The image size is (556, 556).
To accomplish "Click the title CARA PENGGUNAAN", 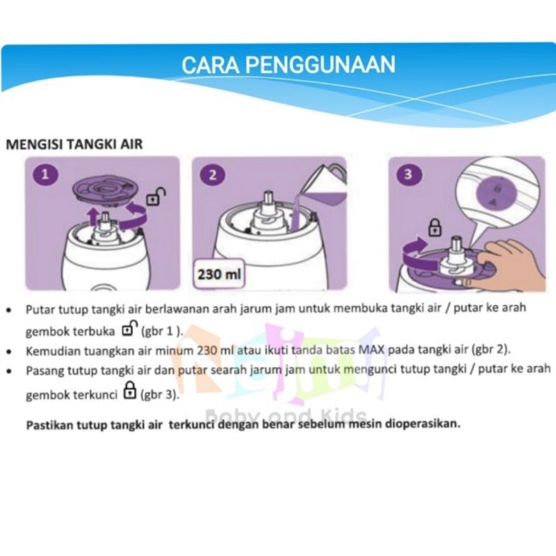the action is [288, 65].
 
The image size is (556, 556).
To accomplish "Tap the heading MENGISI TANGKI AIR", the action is [74, 145].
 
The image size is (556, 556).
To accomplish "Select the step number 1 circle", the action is [45, 174].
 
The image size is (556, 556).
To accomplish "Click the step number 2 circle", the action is [212, 175].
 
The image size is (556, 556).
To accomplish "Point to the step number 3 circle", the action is [408, 174].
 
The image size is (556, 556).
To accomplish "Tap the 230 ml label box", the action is [219, 274].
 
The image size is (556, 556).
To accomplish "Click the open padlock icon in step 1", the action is [156, 197].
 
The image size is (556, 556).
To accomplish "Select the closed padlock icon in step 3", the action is [435, 227].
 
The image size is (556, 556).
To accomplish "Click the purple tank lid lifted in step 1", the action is [101, 192].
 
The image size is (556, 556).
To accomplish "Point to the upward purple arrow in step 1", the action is [93, 216].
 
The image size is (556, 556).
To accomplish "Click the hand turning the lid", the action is [509, 263].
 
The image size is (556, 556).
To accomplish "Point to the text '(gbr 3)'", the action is [160, 395].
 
